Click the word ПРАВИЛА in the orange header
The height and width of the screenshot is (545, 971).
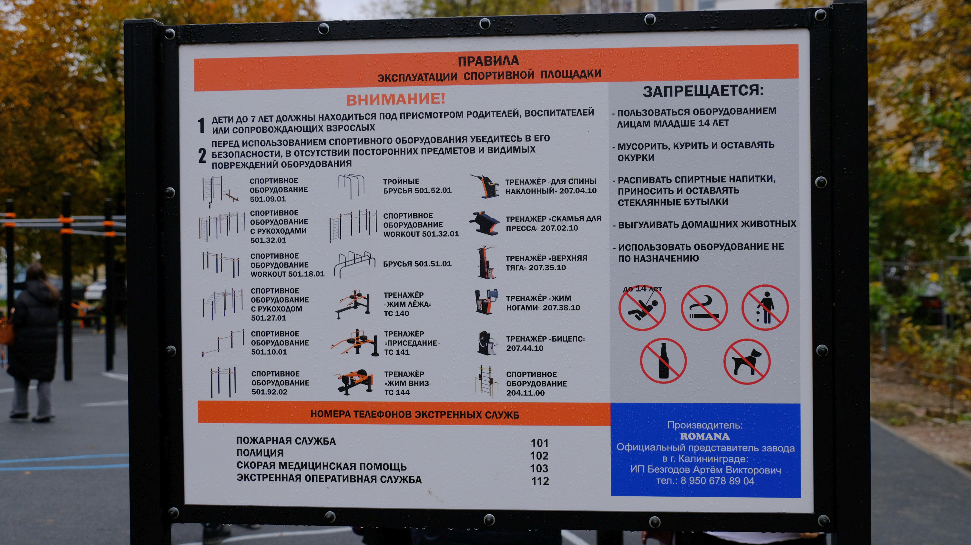click(x=488, y=61)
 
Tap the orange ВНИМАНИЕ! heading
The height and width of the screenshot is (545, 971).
click(x=396, y=99)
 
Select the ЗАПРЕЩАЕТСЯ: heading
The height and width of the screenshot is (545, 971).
click(x=703, y=91)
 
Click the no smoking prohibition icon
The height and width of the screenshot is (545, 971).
click(x=704, y=308)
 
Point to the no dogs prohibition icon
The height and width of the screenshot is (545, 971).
click(x=747, y=361)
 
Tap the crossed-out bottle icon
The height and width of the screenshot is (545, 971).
click(x=663, y=360)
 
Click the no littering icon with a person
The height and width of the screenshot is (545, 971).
click(x=765, y=307)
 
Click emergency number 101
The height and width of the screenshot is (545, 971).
click(x=539, y=443)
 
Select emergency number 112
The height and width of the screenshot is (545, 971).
click(x=540, y=481)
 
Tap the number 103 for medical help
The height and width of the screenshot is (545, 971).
click(x=539, y=468)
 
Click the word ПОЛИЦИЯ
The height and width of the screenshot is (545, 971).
click(x=260, y=453)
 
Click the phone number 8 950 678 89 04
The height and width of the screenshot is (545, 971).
click(x=717, y=481)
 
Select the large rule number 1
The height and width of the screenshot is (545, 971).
click(x=201, y=125)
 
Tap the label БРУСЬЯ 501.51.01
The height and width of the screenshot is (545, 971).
click(x=417, y=264)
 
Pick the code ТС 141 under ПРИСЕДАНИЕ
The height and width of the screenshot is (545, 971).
click(x=396, y=352)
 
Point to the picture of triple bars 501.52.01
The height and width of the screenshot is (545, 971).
click(x=351, y=186)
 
